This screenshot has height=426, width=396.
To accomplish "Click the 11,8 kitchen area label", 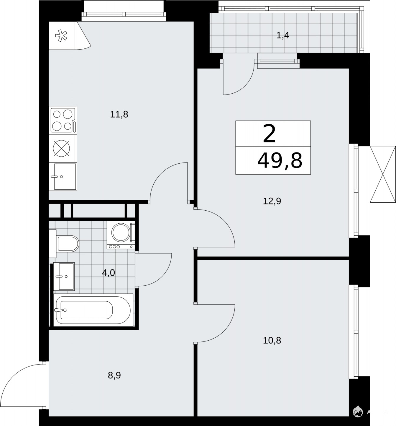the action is pyautogui.click(x=119, y=115).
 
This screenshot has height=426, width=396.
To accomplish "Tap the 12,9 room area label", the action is pyautogui.click(x=272, y=201).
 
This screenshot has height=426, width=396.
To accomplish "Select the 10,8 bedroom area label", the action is pyautogui.click(x=272, y=340).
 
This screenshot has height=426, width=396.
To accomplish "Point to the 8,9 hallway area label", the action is pyautogui.click(x=114, y=375).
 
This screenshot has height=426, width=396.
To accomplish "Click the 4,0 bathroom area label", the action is pyautogui.click(x=109, y=273).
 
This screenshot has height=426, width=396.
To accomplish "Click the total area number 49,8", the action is pyautogui.click(x=280, y=161).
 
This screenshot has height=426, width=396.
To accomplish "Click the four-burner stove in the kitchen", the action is pyautogui.click(x=63, y=120).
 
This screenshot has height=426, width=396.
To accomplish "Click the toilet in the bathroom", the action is pyautogui.click(x=64, y=243).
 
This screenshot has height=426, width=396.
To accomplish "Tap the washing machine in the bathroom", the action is pyautogui.click(x=121, y=235).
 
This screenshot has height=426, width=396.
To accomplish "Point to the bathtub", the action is pyautogui.click(x=93, y=310).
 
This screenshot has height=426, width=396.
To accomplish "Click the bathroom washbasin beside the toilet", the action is pyautogui.click(x=64, y=276).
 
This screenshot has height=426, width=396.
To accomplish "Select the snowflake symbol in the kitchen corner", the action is pyautogui.click(x=61, y=36).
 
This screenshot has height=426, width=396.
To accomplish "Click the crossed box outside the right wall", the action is pyautogui.click(x=383, y=174).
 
